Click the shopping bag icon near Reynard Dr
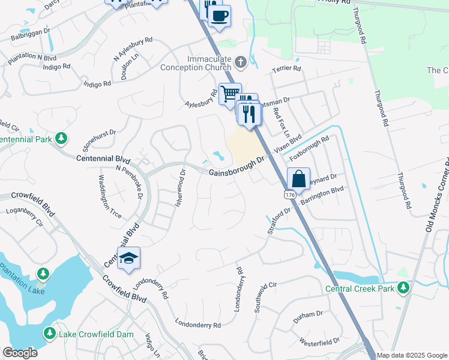pyautogui.click(x=298, y=178)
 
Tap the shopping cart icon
pyautogui.click(x=230, y=94)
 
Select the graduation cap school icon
pyautogui.click(x=128, y=258)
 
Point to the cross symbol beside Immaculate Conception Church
pyautogui.click(x=240, y=62)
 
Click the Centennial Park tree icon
pyautogui.click(x=61, y=139)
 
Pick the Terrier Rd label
pyautogui.click(x=286, y=69)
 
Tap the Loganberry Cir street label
pyautogui.click(x=25, y=217)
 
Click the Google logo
pyautogui.click(x=19, y=353)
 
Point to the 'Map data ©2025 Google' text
pyautogui.click(x=412, y=355)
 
